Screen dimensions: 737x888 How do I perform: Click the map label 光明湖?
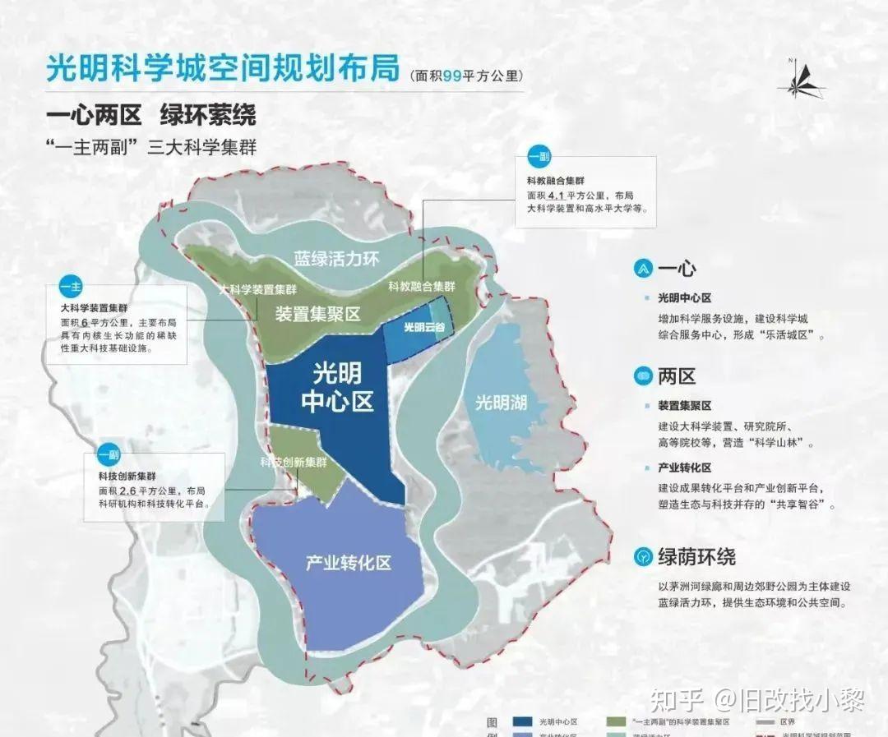[501, 403]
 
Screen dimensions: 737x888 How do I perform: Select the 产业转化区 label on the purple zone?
[348, 564]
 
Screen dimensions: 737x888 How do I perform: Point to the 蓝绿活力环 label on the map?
[337, 259]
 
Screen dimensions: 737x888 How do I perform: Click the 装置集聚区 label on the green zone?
[317, 314]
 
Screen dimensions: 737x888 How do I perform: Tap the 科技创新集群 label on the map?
[294, 462]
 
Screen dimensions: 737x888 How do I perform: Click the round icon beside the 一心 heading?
[641, 269]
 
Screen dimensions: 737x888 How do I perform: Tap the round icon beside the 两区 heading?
[641, 376]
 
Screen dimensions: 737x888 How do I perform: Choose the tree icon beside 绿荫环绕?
[641, 556]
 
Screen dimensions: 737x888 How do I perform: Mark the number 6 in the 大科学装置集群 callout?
[85, 323]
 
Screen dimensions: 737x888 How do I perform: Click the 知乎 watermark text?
[677, 701]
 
